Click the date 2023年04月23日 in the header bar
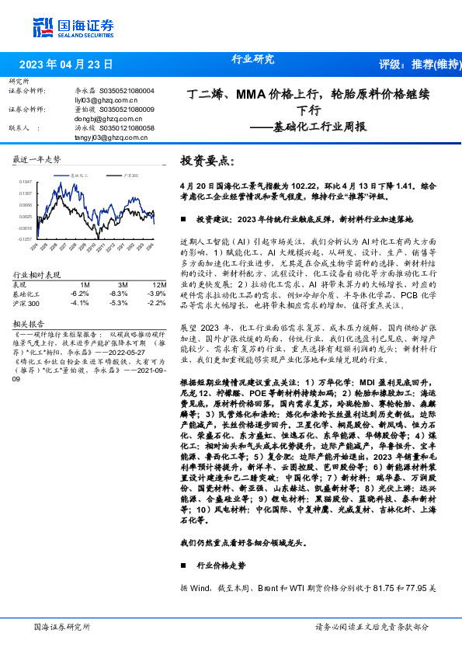(x=66, y=64)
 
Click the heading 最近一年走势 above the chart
(x=37, y=160)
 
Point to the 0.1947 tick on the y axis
(x=26, y=181)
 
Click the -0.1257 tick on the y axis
(x=26, y=240)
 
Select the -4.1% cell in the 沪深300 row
(x=78, y=303)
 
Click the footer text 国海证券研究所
(x=62, y=626)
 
